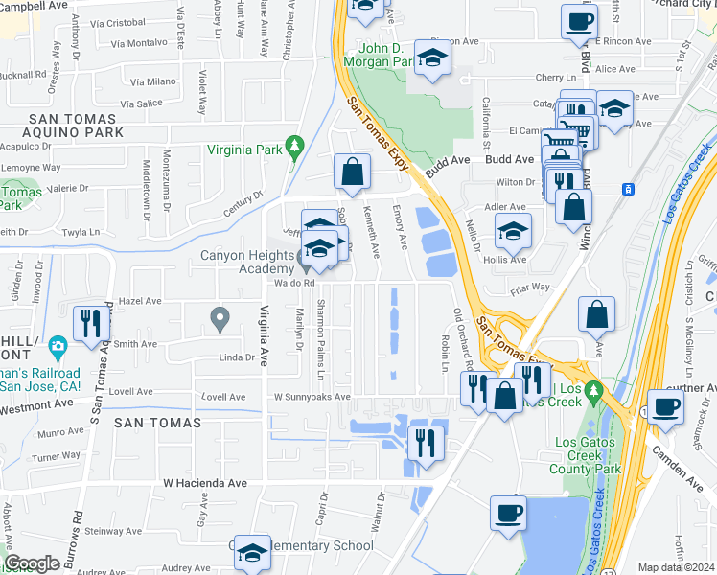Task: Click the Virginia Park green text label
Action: pos(245,150)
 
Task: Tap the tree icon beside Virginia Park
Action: pos(295,147)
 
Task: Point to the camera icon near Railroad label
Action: pos(58,347)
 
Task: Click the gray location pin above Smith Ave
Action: pos(220,316)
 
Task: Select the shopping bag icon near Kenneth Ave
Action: pos(352,172)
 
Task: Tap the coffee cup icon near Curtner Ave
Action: pos(665,405)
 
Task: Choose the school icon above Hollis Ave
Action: pos(513,230)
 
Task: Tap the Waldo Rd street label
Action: pos(296,284)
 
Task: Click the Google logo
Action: pos(32,563)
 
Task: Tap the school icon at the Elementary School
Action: pos(252,552)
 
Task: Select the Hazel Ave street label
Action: pos(140,301)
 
